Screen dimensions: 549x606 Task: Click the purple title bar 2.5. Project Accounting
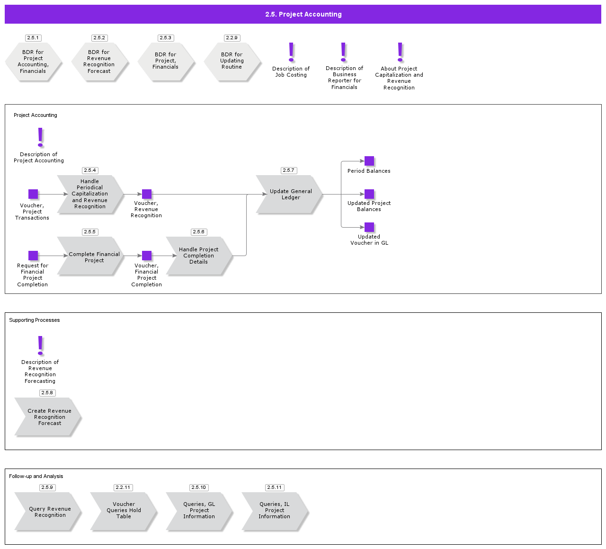coord(303,14)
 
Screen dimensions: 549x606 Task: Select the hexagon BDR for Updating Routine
coord(232,61)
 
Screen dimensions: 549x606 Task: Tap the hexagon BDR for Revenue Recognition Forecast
coord(99,62)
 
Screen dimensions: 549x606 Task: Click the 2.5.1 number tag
coord(33,38)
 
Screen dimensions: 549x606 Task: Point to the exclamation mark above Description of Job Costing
coord(291,52)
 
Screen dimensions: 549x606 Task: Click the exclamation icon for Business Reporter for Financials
coord(344,52)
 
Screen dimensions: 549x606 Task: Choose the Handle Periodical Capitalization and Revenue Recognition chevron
coord(90,194)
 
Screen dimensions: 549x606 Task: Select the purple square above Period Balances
coord(369,161)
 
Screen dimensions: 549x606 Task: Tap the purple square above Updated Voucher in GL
coord(369,227)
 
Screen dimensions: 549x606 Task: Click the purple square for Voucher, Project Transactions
coord(33,194)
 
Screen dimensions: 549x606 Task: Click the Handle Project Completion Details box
coord(199,256)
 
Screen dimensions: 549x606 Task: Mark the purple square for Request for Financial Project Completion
coord(33,256)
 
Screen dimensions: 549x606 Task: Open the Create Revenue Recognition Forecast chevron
coord(48,416)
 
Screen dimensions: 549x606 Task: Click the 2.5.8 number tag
coord(47,393)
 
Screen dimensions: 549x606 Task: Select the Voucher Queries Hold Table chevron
coord(123,511)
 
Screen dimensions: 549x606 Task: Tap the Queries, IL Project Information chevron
coord(275,511)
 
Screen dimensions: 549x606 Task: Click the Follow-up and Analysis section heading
coord(36,476)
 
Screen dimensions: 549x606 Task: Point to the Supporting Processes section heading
coord(35,320)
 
